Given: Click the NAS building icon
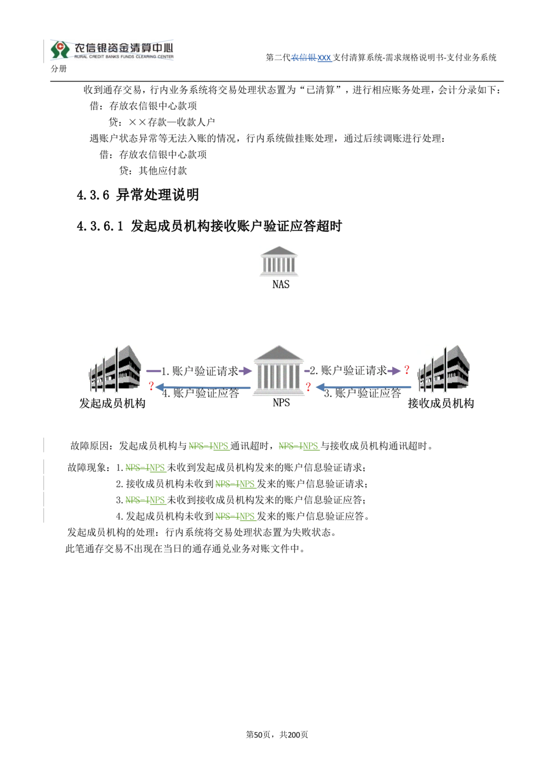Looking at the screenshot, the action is (279, 262).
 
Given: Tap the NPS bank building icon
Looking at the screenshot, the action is (278, 370).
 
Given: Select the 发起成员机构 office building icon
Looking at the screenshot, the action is (115, 368).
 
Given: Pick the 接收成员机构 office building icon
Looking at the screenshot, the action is (443, 368).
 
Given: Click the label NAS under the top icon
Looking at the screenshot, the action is (281, 285).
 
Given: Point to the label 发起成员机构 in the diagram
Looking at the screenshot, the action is (112, 403).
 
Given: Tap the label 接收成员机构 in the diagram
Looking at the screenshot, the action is (440, 403).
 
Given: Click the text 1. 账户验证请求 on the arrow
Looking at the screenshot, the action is (199, 371).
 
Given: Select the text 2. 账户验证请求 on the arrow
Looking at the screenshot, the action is (348, 370).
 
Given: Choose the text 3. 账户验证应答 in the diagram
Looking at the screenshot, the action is (362, 393).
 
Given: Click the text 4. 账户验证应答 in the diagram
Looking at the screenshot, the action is (201, 393).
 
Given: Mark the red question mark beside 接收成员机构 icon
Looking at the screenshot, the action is (407, 370).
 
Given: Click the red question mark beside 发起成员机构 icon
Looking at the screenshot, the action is (151, 386).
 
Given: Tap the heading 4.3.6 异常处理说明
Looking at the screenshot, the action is (137, 195).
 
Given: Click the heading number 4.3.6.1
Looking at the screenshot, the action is (100, 227).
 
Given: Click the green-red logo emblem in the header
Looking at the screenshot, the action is (59, 49).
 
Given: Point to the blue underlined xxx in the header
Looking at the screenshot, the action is (324, 58).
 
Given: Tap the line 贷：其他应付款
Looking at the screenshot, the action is (153, 171).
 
